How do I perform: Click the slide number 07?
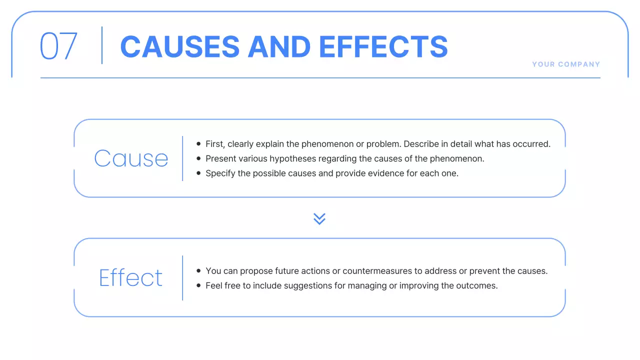click(x=58, y=46)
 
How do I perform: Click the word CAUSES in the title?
click(x=180, y=46)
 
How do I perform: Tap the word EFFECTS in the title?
click(x=383, y=46)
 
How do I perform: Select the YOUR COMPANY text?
click(x=566, y=64)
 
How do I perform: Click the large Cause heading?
click(x=131, y=158)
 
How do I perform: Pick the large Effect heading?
click(x=131, y=278)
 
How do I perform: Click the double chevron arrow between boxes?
click(x=319, y=218)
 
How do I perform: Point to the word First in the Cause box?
click(x=215, y=144)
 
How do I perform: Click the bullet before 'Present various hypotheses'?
click(x=199, y=159)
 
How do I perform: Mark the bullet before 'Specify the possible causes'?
click(x=199, y=173)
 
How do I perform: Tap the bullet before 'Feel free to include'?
click(x=199, y=286)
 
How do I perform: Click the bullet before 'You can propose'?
click(x=199, y=271)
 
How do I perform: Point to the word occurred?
click(x=532, y=144)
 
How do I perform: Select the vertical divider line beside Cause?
click(x=182, y=158)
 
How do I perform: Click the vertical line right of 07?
click(x=102, y=45)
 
